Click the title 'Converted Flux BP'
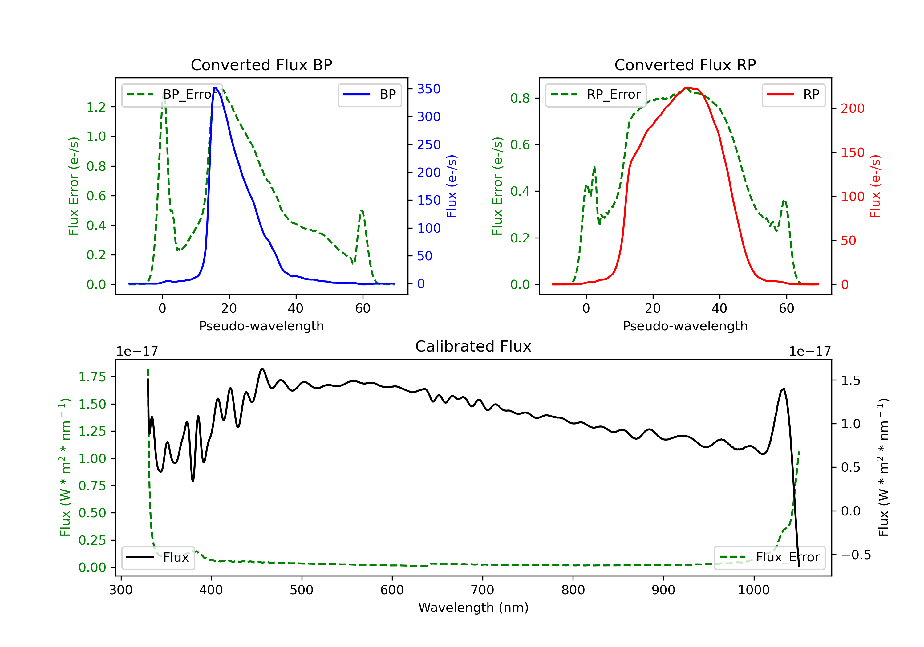pos(261,65)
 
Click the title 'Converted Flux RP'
pos(685,65)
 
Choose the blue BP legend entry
pos(369,95)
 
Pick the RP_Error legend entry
pos(596,95)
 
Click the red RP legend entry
pos(793,95)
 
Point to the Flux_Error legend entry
pos(769,557)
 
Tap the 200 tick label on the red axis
pos(852,108)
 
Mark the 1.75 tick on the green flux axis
pos(92,377)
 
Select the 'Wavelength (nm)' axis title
pos(473,608)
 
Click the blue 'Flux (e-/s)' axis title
pos(452,186)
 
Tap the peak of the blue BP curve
pos(216,87)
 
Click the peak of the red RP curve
pos(687,87)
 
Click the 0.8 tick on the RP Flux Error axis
pos(520,98)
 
